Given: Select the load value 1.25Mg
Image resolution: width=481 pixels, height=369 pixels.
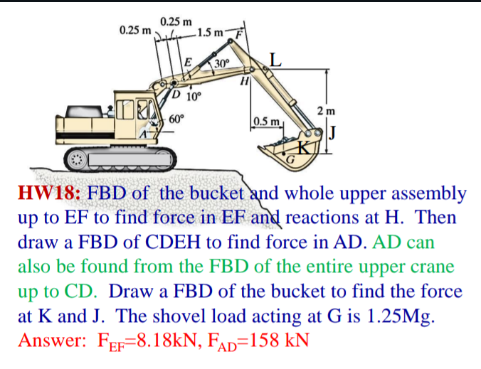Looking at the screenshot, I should tap(393, 316).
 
